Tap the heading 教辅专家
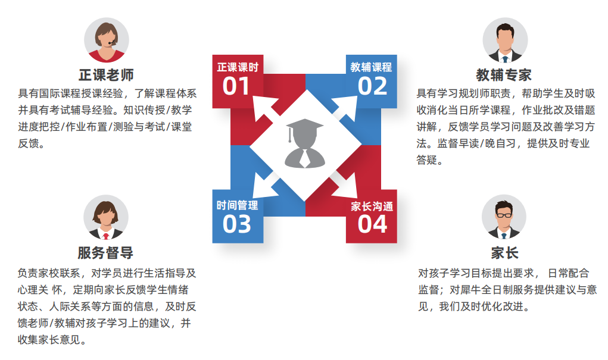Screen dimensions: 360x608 (x=504, y=75)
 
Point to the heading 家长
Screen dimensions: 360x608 (x=504, y=252)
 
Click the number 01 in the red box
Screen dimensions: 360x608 (x=236, y=87)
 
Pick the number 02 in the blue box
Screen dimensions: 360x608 (x=372, y=87)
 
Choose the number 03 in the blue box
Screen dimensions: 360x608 (x=236, y=224)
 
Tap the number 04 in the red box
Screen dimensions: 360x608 (x=372, y=224)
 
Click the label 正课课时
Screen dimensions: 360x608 (x=237, y=67)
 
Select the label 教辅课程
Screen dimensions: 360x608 (x=371, y=67)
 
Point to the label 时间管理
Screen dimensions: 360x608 (x=237, y=206)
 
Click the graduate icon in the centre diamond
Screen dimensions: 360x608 (x=304, y=143)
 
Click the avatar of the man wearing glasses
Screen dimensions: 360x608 (x=504, y=217)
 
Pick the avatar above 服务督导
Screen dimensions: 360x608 (x=106, y=217)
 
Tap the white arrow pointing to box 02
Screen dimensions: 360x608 (x=342, y=108)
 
